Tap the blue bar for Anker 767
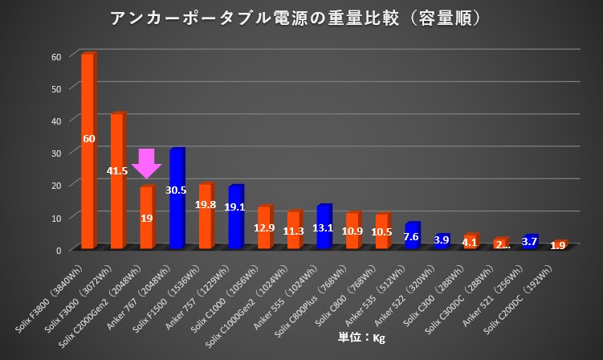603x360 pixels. (x=177, y=198)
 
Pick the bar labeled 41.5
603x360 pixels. (x=118, y=181)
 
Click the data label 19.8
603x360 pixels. (x=206, y=205)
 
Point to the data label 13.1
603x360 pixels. (x=324, y=227)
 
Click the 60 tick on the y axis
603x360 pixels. (x=55, y=56)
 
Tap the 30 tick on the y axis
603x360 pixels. (x=55, y=153)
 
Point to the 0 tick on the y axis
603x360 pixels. (x=58, y=250)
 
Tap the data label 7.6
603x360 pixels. (x=411, y=237)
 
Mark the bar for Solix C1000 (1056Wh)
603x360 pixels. (x=265, y=227)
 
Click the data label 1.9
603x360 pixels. (x=558, y=245)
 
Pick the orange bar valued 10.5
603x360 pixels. (x=382, y=231)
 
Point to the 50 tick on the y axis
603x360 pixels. (x=55, y=88)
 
